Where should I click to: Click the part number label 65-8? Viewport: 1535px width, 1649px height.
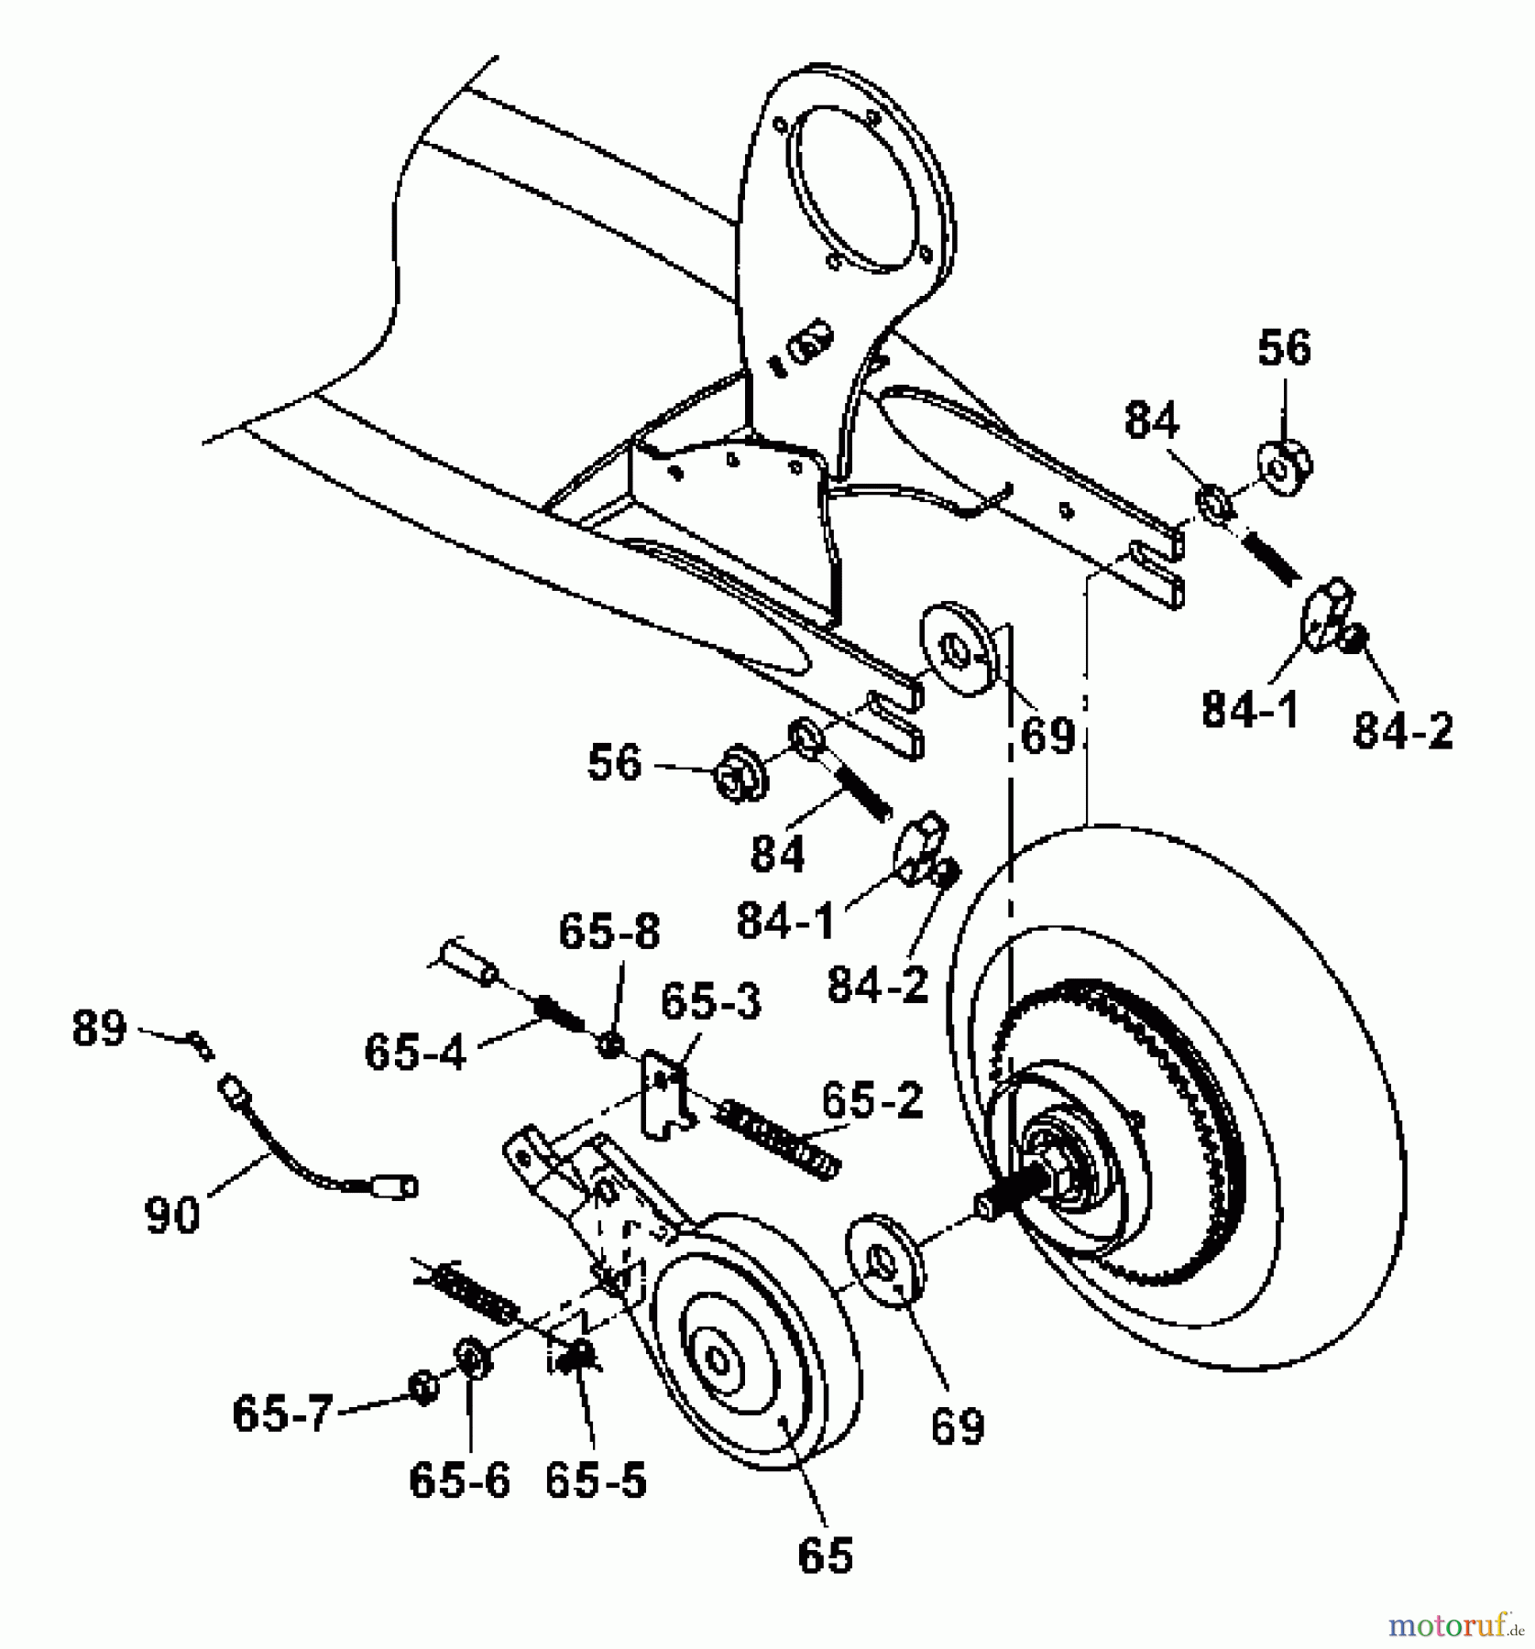point(609,932)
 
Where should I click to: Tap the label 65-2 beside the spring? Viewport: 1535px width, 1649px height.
point(872,1099)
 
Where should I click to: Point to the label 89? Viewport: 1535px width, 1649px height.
point(99,1029)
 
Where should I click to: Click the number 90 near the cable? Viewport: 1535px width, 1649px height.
point(172,1216)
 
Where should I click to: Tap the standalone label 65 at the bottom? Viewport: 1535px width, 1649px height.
point(825,1555)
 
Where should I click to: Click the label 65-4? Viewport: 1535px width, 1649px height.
point(414,1052)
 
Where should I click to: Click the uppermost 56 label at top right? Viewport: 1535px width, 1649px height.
point(1283,348)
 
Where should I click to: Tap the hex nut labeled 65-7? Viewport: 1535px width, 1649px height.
point(422,1388)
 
